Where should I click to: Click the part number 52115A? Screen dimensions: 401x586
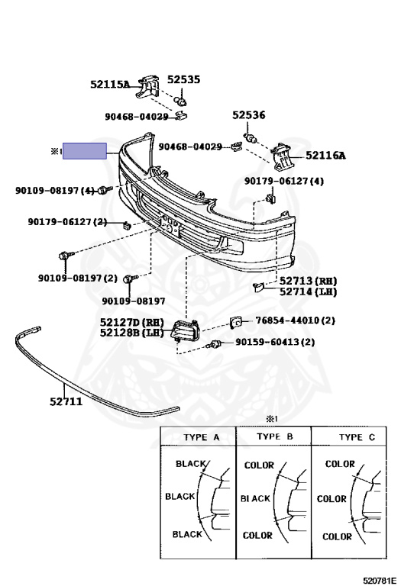(110, 84)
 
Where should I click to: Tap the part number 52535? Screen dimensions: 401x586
(183, 79)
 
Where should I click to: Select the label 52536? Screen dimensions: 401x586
(249, 114)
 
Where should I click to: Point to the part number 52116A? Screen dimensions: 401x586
(325, 155)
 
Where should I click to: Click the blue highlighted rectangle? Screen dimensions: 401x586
(85, 151)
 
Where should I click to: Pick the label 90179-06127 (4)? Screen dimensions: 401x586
(284, 182)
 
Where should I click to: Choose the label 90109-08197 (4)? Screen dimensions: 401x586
(55, 191)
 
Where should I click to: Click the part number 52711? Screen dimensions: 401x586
(66, 402)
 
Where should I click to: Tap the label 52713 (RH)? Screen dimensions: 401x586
(309, 281)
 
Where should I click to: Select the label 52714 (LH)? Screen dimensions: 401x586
(309, 291)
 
